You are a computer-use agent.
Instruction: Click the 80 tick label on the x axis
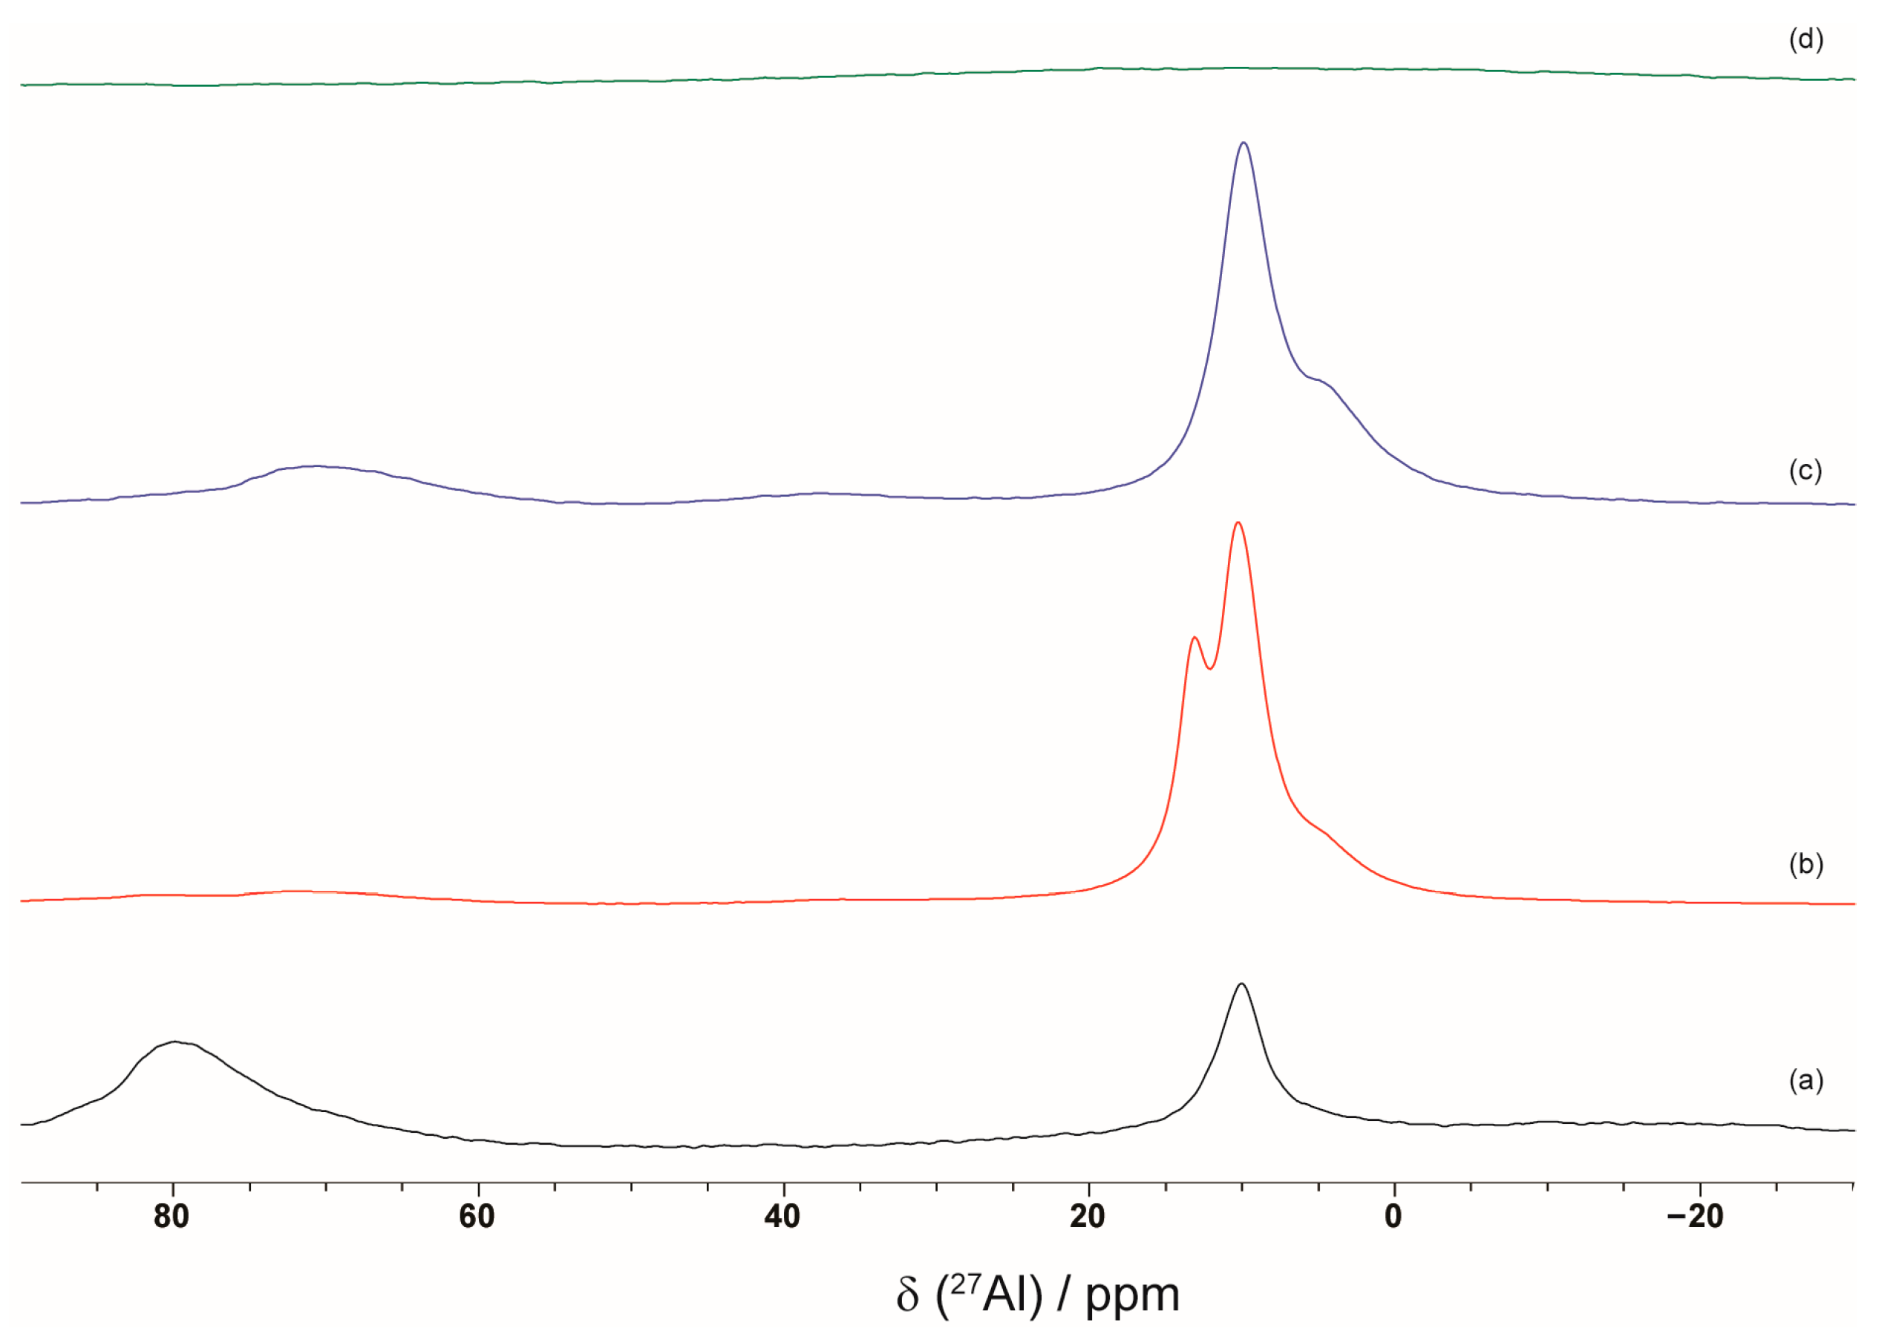(x=171, y=1217)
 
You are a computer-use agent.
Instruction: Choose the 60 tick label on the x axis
(x=477, y=1217)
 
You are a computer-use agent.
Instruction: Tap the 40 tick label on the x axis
(x=782, y=1217)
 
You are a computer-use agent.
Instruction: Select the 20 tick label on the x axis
(x=1088, y=1217)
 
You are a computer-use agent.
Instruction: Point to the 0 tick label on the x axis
(x=1393, y=1217)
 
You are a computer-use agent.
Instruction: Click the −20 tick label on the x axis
(x=1695, y=1217)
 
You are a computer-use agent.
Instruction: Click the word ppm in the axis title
(x=1132, y=1295)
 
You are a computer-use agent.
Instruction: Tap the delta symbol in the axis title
(x=907, y=1295)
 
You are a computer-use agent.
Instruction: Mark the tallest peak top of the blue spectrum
(x=1244, y=143)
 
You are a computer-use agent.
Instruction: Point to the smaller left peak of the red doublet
(x=1194, y=638)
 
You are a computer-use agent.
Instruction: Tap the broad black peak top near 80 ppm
(x=174, y=1042)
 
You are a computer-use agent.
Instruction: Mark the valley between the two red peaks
(x=1209, y=669)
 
